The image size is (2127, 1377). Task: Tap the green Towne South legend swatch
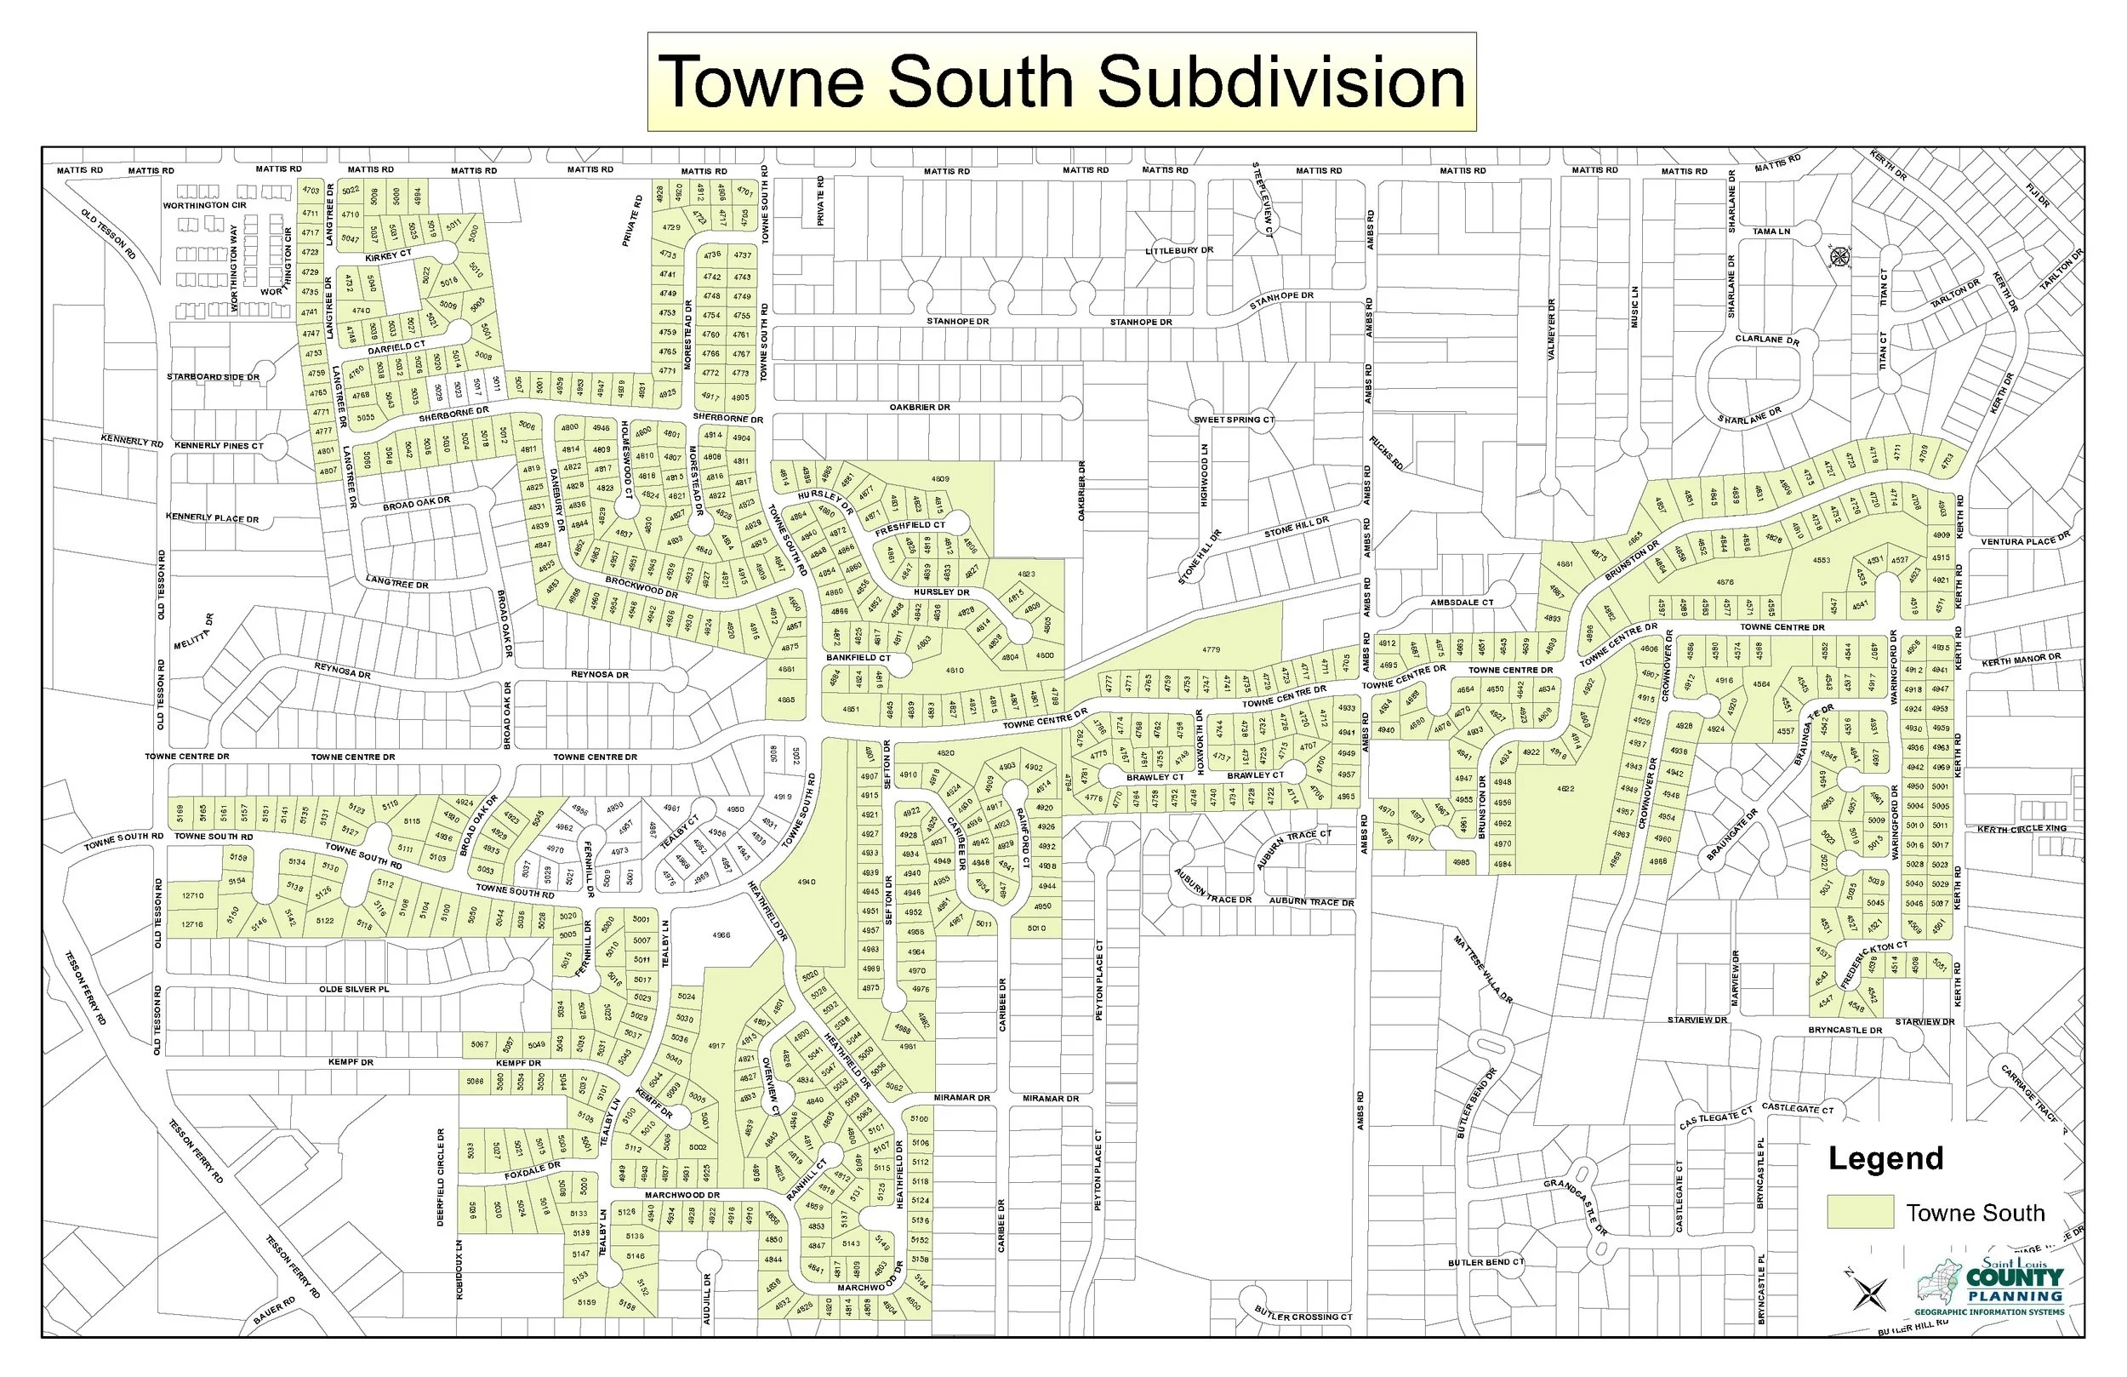tap(1860, 1212)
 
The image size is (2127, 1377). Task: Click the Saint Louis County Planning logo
tap(1990, 1286)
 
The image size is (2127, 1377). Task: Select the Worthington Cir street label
tap(203, 206)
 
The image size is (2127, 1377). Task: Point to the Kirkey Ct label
tap(388, 254)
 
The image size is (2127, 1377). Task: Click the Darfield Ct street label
tap(396, 346)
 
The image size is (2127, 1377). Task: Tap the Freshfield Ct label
tap(909, 528)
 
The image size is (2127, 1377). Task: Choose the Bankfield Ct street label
tap(858, 657)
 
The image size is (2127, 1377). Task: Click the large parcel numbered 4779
tap(1210, 649)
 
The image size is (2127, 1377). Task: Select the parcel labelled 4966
tap(721, 935)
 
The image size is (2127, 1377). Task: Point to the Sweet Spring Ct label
tap(1234, 420)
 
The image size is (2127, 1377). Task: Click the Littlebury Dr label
tap(1179, 250)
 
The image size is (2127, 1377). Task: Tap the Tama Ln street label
tap(1771, 231)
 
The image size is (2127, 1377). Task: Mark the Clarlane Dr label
tap(1766, 340)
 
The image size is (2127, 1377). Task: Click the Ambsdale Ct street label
tap(1461, 603)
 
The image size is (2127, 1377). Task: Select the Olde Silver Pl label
tap(354, 990)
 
